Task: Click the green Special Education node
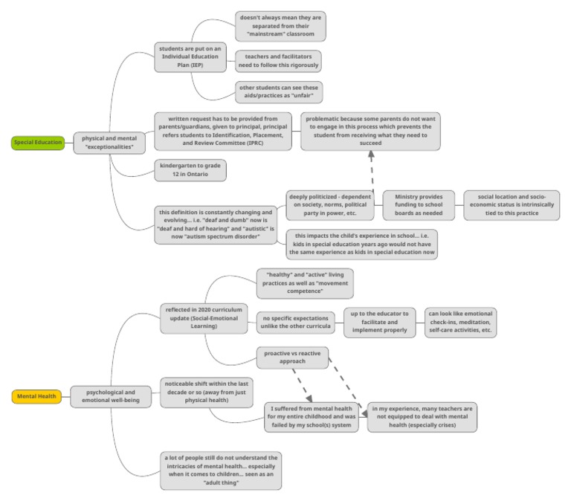pos(38,142)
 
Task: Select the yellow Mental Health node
pos(37,396)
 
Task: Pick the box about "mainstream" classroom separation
pos(280,26)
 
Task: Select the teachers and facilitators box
pos(278,61)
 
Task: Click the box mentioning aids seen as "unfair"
pos(280,92)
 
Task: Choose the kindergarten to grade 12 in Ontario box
pos(190,170)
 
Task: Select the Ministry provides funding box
pos(419,205)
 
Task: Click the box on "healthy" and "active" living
pos(304,283)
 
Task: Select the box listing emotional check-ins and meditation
pos(459,322)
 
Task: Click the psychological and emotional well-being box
pos(109,396)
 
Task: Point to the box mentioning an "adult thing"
pos(221,471)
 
